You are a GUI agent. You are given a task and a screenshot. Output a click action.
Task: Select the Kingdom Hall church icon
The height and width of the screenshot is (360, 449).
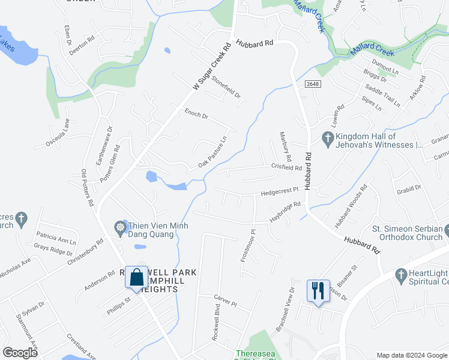pos(328,140)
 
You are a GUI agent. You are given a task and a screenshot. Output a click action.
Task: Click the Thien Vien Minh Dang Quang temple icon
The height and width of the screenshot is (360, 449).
pos(120,227)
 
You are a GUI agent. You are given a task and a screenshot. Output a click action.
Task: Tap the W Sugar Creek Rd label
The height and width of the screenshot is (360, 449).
pos(212,66)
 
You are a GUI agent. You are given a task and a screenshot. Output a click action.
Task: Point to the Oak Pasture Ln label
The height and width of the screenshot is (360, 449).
pos(212,152)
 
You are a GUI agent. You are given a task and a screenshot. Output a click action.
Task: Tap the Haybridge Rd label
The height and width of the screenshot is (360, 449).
pos(285,213)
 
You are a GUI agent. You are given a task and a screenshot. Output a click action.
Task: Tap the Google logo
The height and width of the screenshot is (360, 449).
pos(20,353)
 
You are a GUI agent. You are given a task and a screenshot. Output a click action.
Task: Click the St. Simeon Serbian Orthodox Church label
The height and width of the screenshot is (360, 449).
pos(408,233)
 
